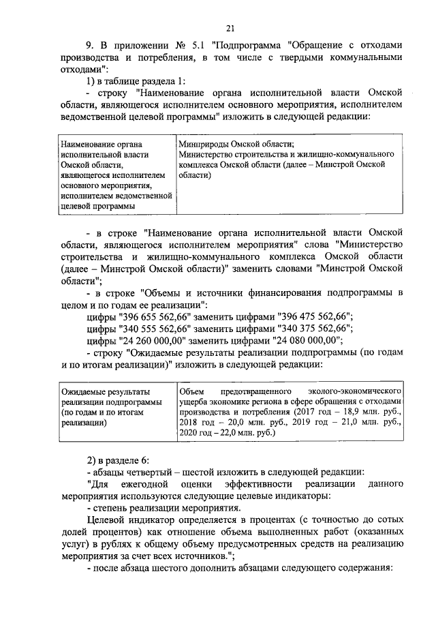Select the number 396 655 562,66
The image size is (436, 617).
(159, 316)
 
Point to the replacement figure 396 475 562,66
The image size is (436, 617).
(314, 316)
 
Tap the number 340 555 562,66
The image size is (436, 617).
(159, 329)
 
